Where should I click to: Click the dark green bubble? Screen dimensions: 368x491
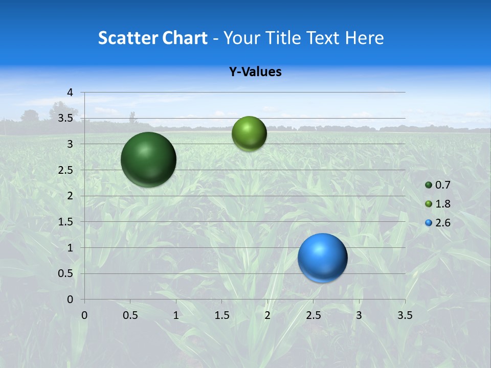click(x=149, y=159)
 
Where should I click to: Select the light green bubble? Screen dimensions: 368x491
click(x=249, y=133)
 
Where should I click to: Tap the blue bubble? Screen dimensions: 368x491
click(x=323, y=258)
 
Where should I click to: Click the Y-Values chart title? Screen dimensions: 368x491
click(x=255, y=72)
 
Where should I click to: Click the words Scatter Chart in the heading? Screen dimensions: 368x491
click(x=152, y=38)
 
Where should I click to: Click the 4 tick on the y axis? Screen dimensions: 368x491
click(x=71, y=93)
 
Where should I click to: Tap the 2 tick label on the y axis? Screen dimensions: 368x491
click(x=71, y=196)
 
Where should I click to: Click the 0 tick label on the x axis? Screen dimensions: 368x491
click(x=84, y=315)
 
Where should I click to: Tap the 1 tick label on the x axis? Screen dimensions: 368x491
click(x=176, y=315)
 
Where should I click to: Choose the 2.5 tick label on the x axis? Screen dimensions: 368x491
click(x=313, y=315)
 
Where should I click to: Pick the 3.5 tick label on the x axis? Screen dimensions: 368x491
click(x=405, y=315)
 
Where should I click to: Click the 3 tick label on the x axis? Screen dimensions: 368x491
click(x=359, y=315)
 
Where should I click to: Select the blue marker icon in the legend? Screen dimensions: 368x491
click(x=429, y=223)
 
